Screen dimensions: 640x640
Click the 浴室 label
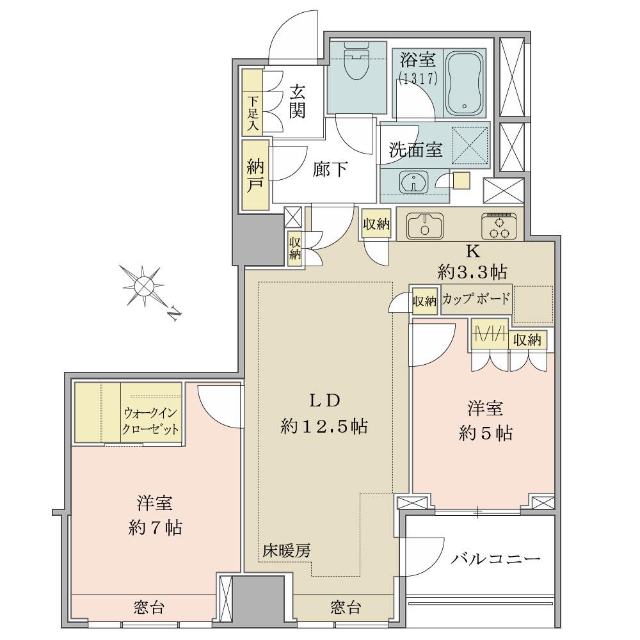[x=419, y=61]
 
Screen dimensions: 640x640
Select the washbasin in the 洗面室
[x=413, y=181]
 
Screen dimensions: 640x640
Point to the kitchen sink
[x=423, y=225]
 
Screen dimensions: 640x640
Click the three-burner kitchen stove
[x=499, y=225]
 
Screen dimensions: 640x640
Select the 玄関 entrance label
[x=296, y=100]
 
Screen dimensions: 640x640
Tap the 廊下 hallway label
[x=330, y=170]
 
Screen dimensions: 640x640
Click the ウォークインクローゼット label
[x=151, y=420]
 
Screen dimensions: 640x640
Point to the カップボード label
[x=476, y=299]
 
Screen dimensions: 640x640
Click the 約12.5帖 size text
[x=324, y=426]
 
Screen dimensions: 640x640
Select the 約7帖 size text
[x=156, y=527]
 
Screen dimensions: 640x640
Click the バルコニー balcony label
[x=495, y=559]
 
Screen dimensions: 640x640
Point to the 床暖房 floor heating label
[x=286, y=550]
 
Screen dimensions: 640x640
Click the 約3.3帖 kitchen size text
[x=472, y=272]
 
